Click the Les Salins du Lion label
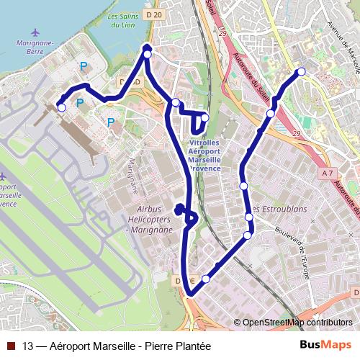(121, 20)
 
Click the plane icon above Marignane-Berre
(36, 32)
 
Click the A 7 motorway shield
(328, 173)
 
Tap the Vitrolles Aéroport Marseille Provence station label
(209, 153)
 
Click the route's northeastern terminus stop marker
(301, 71)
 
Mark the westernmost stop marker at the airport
(61, 108)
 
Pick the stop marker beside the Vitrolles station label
(205, 117)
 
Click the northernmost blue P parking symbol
(84, 67)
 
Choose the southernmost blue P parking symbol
(110, 122)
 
